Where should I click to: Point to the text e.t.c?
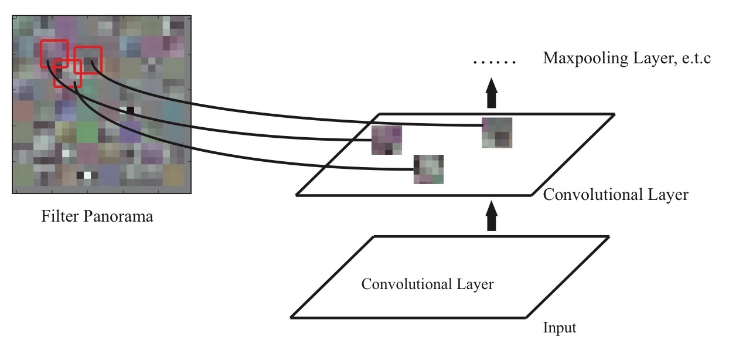(x=694, y=59)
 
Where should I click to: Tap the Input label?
(x=560, y=328)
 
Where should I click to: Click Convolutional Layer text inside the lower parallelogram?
(x=427, y=285)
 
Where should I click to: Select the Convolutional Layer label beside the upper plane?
(x=616, y=195)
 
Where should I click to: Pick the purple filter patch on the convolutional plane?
(x=387, y=140)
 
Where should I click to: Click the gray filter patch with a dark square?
(x=497, y=133)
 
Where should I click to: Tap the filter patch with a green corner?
(x=428, y=169)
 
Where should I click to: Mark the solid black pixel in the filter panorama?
(x=130, y=110)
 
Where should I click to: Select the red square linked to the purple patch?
(x=53, y=53)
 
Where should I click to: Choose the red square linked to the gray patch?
(x=88, y=60)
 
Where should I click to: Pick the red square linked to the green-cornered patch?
(x=67, y=73)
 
